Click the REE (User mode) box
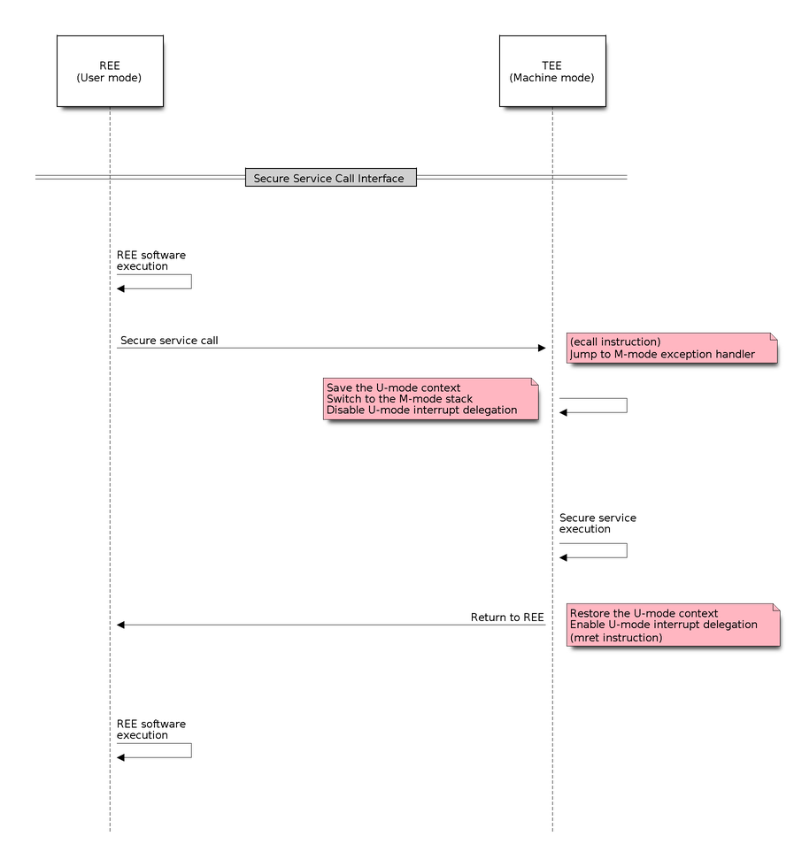tap(109, 72)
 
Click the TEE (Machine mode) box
tap(551, 72)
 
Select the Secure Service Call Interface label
tap(328, 178)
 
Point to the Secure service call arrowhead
tap(543, 348)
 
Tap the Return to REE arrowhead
tap(122, 625)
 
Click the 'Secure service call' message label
tap(169, 340)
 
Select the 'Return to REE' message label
tap(506, 617)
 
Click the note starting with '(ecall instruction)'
tap(672, 348)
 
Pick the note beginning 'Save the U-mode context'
tap(430, 399)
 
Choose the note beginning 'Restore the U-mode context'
tap(672, 625)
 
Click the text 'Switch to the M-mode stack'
tap(399, 399)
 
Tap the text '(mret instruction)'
tap(615, 637)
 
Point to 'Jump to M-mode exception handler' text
tap(661, 354)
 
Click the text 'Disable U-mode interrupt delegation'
tap(421, 410)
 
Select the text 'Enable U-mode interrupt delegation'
tap(663, 625)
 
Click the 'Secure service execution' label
tap(597, 523)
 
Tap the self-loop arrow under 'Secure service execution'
tap(627, 550)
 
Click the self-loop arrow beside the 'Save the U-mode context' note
tap(627, 405)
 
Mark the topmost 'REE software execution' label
tap(150, 260)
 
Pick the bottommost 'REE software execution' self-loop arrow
tap(191, 750)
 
